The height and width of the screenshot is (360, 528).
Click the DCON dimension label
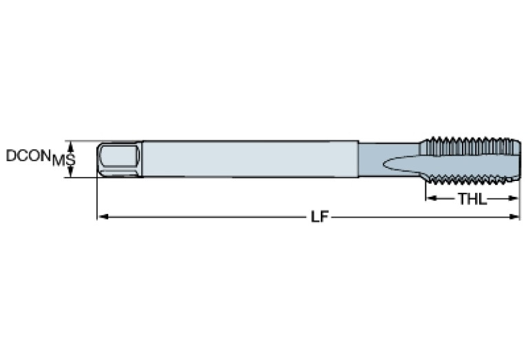(x=27, y=156)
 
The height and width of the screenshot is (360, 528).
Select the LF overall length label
(x=317, y=217)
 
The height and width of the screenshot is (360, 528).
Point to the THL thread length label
(x=472, y=200)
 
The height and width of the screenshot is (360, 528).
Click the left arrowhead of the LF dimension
(x=101, y=217)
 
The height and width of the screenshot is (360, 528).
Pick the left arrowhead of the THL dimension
(x=428, y=200)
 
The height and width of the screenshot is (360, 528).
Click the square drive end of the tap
(x=119, y=160)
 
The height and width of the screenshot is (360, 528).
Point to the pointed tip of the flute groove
(x=383, y=165)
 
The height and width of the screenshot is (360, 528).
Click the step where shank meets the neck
(x=359, y=160)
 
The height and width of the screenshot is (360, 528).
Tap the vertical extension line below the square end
(x=97, y=200)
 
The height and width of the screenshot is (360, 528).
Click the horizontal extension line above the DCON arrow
(x=83, y=141)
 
